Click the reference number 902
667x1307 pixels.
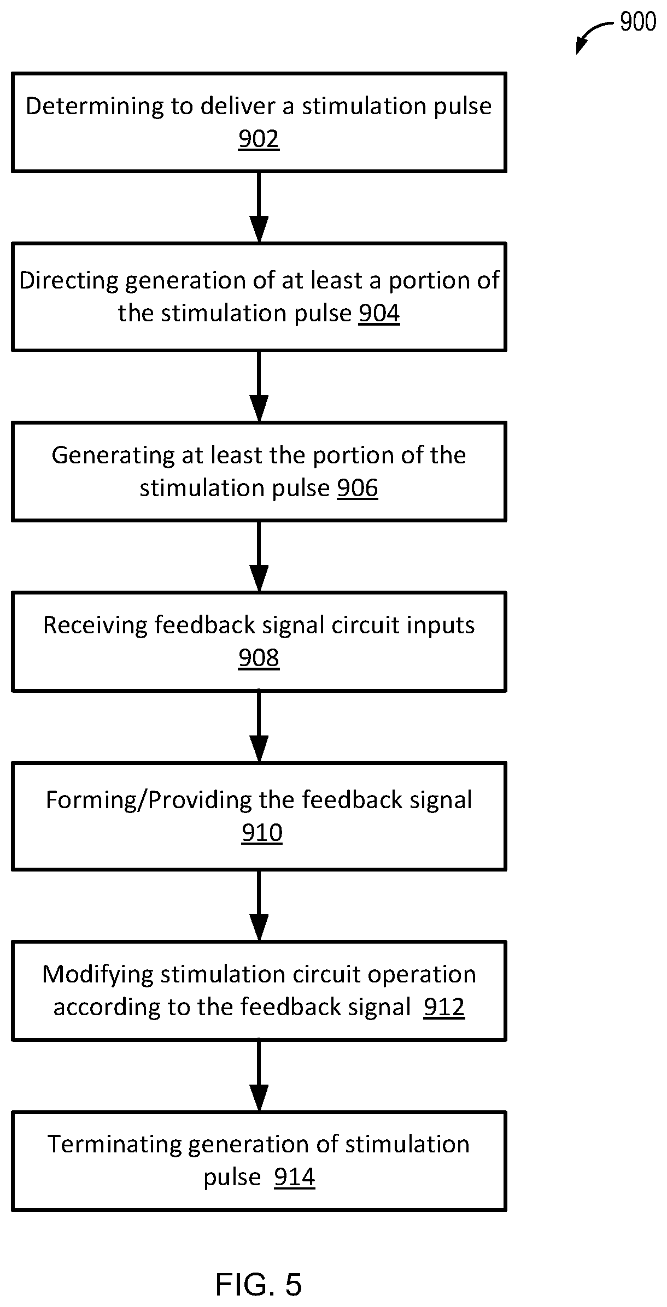(259, 139)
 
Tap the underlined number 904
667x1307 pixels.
(379, 314)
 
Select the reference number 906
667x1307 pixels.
(358, 488)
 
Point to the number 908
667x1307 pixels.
(259, 658)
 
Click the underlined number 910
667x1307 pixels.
(262, 833)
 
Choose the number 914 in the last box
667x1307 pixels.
(295, 1178)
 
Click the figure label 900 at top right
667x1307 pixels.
(638, 22)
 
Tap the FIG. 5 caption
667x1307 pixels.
(259, 1285)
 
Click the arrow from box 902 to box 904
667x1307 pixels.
(259, 208)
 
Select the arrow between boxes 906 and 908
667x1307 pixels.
(259, 557)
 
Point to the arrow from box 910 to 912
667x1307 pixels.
(259, 906)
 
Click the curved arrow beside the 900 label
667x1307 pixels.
(593, 34)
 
